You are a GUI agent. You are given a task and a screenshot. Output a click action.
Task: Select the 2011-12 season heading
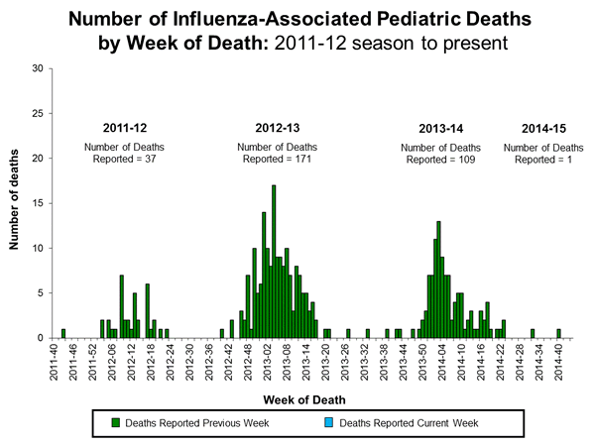[126, 128]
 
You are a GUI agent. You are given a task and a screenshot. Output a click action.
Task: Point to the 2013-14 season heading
[439, 128]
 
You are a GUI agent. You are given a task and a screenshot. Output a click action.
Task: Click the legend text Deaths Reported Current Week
[410, 423]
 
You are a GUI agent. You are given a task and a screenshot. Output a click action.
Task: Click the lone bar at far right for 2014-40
[559, 334]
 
